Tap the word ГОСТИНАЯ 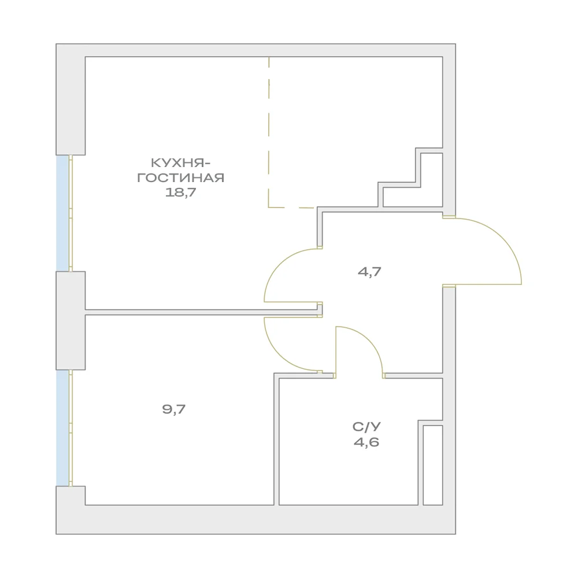[x=180, y=177]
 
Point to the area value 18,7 [x=180, y=192]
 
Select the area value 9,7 [x=173, y=409]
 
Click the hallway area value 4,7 [x=369, y=272]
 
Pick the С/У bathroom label [x=366, y=427]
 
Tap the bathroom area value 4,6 [x=366, y=442]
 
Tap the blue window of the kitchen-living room [x=62, y=213]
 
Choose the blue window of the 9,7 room [x=62, y=428]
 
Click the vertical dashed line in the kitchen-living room [x=269, y=132]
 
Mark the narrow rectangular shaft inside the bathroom [x=433, y=465]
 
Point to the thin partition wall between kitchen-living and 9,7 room [x=202, y=312]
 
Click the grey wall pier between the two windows [x=71, y=321]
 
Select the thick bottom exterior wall [x=256, y=520]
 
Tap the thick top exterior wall [x=256, y=50]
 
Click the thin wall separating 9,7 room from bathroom [x=276, y=439]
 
